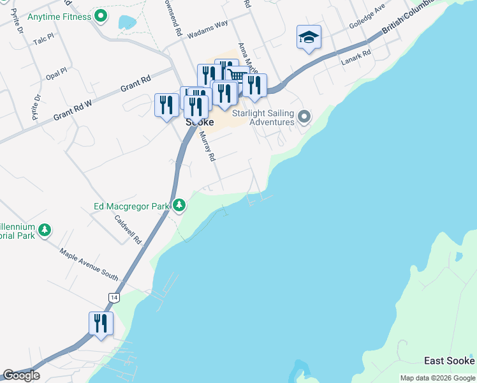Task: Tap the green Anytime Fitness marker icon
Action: click(x=100, y=15)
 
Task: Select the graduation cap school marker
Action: click(x=309, y=38)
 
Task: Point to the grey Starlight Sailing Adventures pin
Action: click(x=304, y=117)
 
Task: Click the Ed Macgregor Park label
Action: click(x=131, y=206)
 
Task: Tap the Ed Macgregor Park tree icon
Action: click(x=180, y=205)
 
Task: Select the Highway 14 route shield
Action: click(x=114, y=297)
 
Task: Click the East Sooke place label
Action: click(x=449, y=361)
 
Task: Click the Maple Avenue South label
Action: click(x=89, y=264)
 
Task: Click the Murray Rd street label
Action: click(x=209, y=146)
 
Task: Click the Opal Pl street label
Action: click(x=56, y=71)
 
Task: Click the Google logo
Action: click(x=21, y=375)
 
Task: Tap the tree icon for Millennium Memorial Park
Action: click(x=44, y=230)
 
